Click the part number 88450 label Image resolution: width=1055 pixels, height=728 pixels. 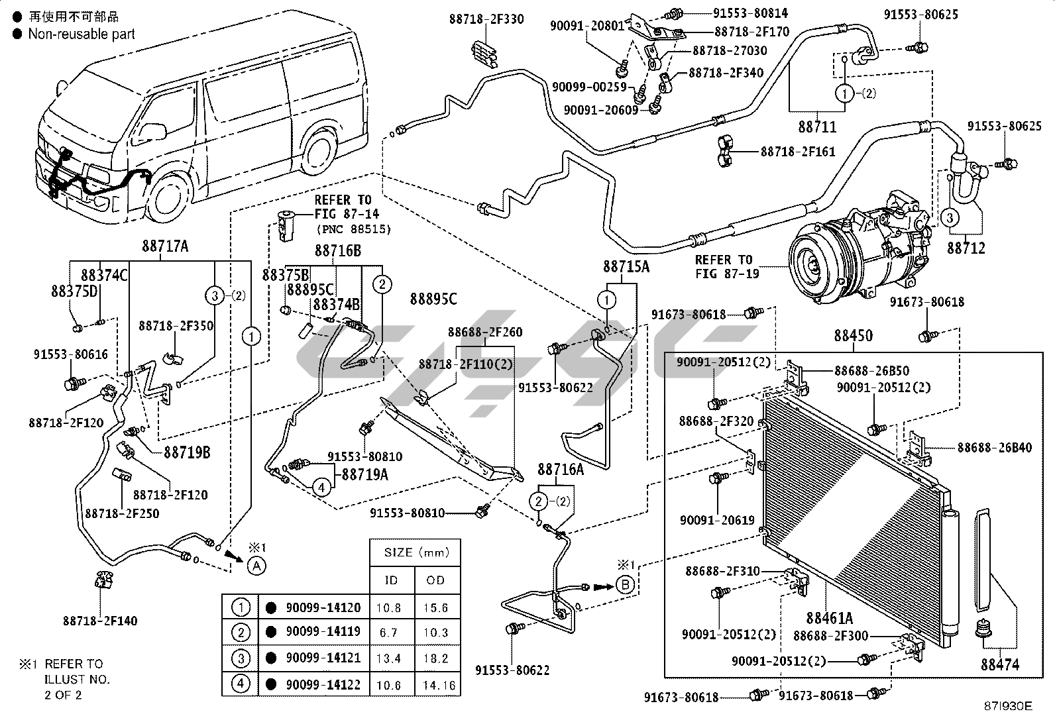pos(853,336)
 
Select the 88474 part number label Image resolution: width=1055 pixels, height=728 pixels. pos(1000,664)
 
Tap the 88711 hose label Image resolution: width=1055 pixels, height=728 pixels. pos(817,126)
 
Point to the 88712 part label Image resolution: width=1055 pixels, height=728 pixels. pos(966,248)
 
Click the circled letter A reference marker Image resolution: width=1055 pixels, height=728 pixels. pos(257,565)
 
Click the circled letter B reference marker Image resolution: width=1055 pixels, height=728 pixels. pos(625,584)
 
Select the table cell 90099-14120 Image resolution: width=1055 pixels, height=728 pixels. pos(323,607)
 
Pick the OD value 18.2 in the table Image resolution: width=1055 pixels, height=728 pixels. pos(435,658)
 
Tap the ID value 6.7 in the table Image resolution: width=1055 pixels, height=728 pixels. pos(389,633)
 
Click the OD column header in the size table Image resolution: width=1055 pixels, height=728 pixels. pos(435,580)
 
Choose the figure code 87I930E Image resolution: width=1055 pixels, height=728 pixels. pos(1008,706)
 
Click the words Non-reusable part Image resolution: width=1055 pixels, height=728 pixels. pos(82,34)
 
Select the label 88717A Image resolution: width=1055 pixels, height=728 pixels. pos(165,246)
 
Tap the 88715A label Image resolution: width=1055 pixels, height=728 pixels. pos(626,266)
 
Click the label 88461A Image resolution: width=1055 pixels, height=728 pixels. pos(829,619)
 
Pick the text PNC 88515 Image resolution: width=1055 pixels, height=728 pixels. pos(354,229)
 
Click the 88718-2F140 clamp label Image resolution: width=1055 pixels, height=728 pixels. pos(100,621)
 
